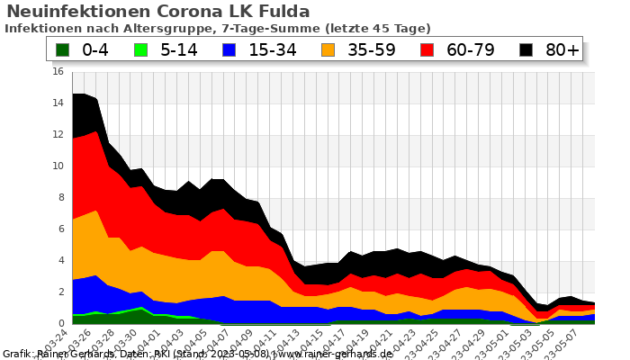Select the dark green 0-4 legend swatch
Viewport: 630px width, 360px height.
click(62, 50)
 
